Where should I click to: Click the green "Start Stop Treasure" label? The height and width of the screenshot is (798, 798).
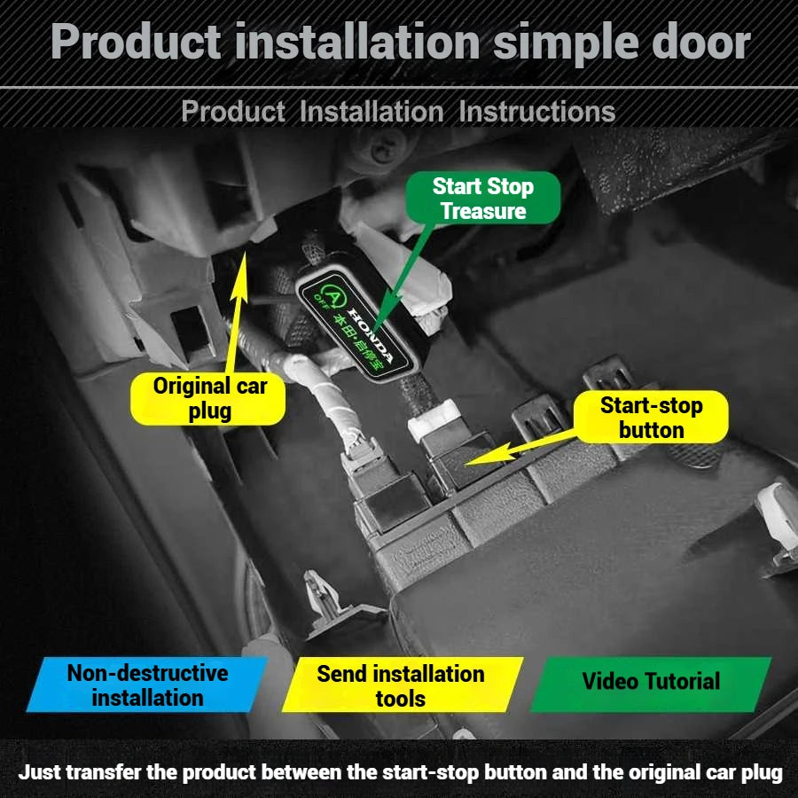483,198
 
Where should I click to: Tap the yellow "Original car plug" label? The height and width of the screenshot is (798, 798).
208,398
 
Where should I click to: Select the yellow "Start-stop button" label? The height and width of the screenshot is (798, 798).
651,418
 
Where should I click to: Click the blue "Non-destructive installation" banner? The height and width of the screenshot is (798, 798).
147,685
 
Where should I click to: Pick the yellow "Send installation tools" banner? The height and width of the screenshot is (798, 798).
402,685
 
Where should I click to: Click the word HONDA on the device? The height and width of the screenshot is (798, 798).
371,332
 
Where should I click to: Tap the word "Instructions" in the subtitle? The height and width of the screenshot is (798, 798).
537,112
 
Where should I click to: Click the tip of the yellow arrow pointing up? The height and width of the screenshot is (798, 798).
245,252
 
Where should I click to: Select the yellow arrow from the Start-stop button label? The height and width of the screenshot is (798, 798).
520,448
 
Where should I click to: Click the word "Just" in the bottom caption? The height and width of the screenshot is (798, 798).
40,772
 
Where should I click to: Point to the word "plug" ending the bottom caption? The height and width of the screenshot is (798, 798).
762,773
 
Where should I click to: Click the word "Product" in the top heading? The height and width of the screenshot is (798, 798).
136,42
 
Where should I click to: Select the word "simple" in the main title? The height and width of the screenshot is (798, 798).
565,43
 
